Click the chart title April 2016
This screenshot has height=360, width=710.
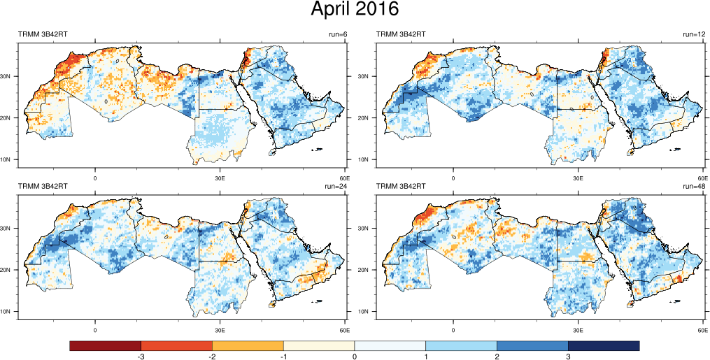[x=355, y=10]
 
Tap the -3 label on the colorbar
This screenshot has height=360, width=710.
[x=141, y=357]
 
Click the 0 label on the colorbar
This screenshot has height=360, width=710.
[x=355, y=357]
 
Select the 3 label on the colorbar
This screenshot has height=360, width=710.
[x=568, y=357]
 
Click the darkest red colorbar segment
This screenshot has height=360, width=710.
[x=106, y=346]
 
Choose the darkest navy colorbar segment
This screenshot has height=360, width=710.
[x=604, y=346]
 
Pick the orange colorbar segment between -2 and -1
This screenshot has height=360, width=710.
[x=248, y=346]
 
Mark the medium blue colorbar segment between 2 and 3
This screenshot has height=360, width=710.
[x=532, y=346]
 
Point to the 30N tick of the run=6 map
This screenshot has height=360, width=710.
[x=9, y=76]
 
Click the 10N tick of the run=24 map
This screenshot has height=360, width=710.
[x=9, y=312]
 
